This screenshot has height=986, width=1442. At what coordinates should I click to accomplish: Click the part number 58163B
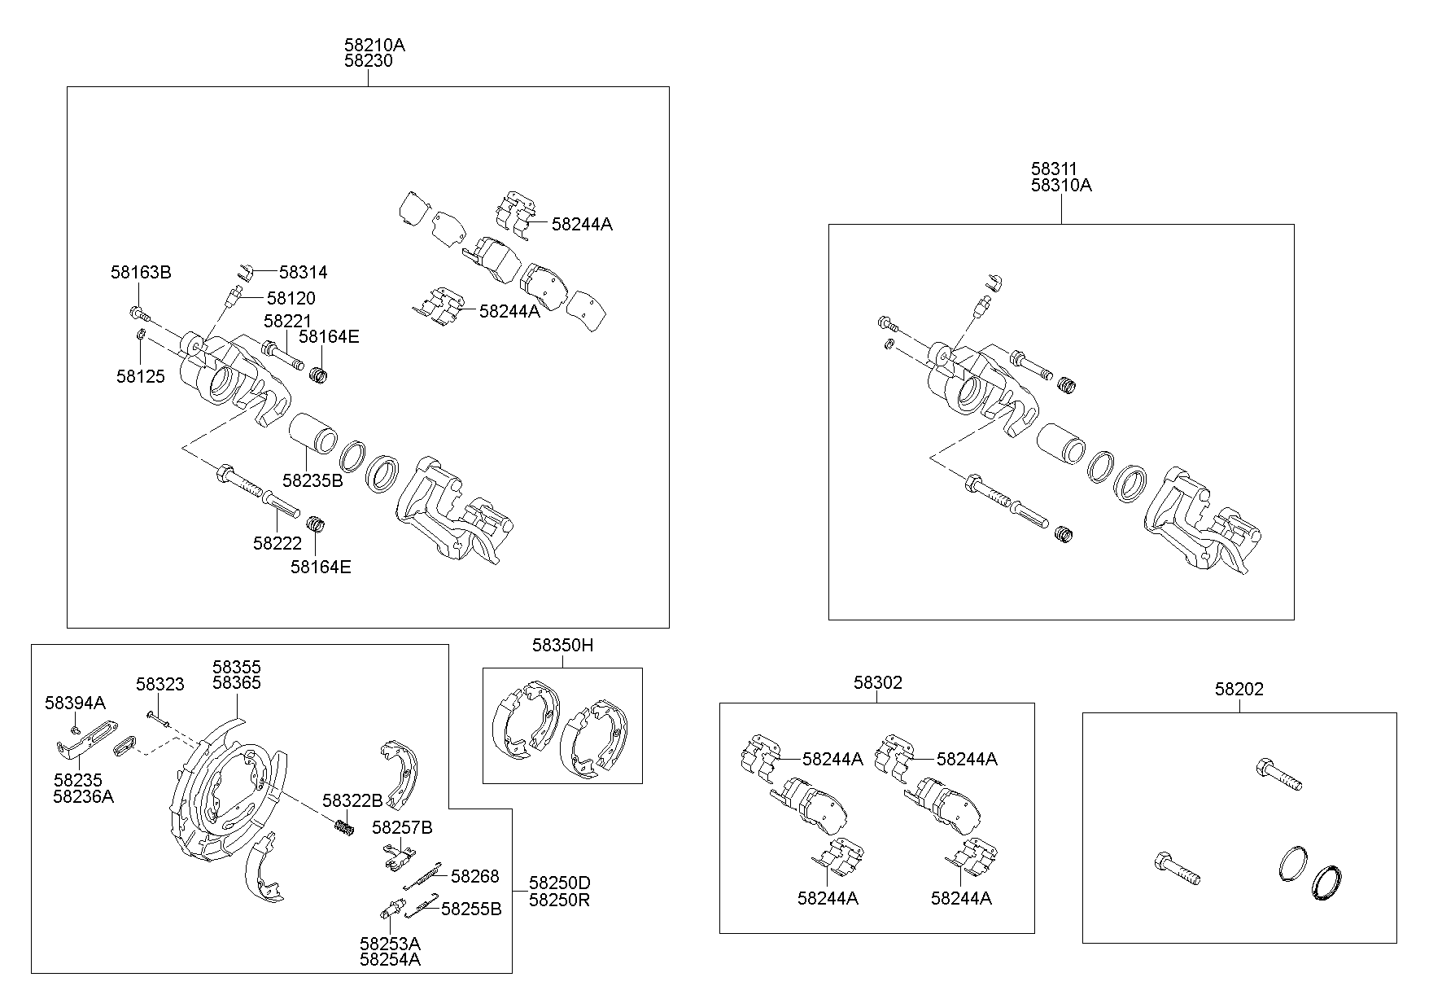pyautogui.click(x=141, y=272)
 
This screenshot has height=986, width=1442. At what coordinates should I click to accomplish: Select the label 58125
pyautogui.click(x=140, y=376)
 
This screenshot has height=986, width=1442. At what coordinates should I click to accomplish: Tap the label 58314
pyautogui.click(x=303, y=272)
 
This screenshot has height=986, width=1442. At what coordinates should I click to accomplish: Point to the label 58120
pyautogui.click(x=291, y=298)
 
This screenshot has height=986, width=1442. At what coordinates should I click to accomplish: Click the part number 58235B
pyautogui.click(x=312, y=480)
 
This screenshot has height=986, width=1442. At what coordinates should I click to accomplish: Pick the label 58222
pyautogui.click(x=277, y=543)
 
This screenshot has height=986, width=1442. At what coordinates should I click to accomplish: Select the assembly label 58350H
pyautogui.click(x=562, y=646)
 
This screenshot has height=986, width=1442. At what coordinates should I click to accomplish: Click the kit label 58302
pyautogui.click(x=877, y=682)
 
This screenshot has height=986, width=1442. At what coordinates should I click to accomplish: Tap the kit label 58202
pyautogui.click(x=1239, y=689)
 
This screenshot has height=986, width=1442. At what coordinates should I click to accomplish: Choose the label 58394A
pyautogui.click(x=75, y=703)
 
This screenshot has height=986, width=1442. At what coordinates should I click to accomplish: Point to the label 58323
pyautogui.click(x=159, y=685)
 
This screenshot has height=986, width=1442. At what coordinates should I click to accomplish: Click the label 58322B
pyautogui.click(x=352, y=800)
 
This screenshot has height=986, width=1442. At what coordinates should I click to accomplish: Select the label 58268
pyautogui.click(x=474, y=876)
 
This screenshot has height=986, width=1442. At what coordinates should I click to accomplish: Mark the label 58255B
pyautogui.click(x=471, y=909)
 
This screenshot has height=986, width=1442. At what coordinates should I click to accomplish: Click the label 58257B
pyautogui.click(x=402, y=828)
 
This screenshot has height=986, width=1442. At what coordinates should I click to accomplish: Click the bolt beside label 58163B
pyautogui.click(x=139, y=313)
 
